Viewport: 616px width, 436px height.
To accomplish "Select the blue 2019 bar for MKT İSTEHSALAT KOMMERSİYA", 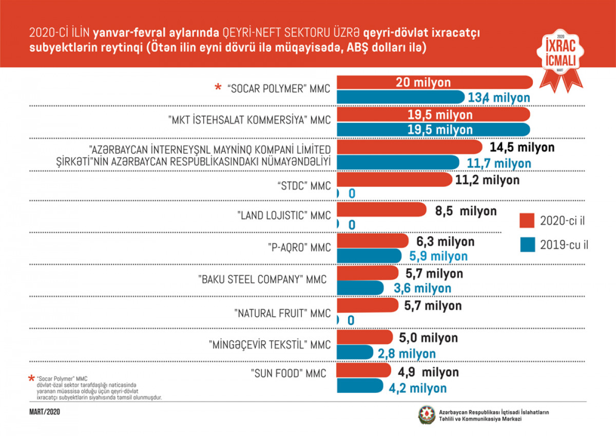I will pos(434,129).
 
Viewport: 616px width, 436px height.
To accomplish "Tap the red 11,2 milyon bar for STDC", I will pos(395,180).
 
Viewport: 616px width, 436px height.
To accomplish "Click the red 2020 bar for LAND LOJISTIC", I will pos(382,211).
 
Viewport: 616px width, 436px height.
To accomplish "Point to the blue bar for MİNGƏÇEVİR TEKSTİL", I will pos(355,353).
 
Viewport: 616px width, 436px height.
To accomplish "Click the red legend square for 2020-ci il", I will pos(528,221).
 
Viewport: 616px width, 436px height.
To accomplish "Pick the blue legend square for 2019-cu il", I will pos(528,245).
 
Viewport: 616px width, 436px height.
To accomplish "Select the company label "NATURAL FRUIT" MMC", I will pos(282,312).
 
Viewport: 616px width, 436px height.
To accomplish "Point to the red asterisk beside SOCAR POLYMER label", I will pos(218,88).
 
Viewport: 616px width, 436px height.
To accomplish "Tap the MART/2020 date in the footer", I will pos(45,411).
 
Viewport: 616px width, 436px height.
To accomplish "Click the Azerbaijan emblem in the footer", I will pos(427,415).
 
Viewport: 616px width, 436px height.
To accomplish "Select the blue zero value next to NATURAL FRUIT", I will pos(351,320).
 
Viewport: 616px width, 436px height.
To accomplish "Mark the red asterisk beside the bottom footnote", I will pos(32,378).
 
